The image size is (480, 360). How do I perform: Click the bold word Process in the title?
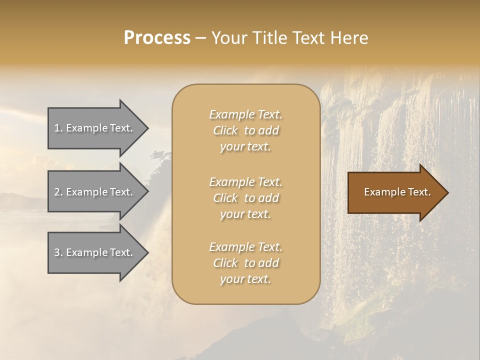coord(157,38)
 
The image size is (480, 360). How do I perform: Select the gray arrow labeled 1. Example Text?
coord(97,128)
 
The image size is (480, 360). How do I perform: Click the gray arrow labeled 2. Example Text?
coord(97,192)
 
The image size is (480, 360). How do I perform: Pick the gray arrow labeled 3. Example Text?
coord(97,252)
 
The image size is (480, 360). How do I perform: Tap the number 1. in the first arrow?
coord(58,128)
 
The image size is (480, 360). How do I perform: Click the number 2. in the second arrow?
coord(58,192)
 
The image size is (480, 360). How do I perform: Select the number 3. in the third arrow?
coord(58,252)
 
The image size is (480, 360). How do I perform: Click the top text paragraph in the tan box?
coord(245,130)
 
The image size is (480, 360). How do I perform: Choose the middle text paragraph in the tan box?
coord(245,198)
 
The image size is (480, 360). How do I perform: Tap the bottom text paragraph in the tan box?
coord(245,263)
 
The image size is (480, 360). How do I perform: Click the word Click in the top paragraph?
coord(225,130)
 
